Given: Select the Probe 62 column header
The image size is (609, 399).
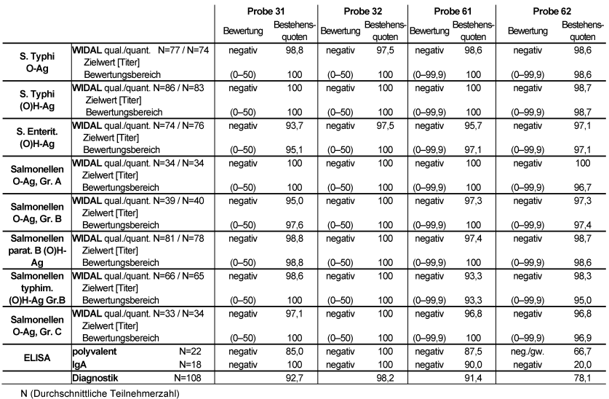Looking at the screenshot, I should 551,12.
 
